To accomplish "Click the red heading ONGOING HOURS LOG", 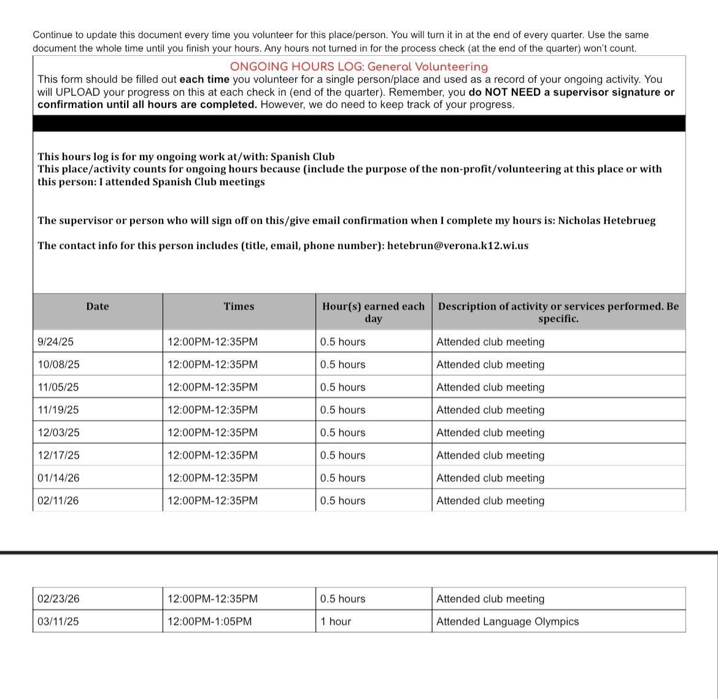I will point(359,67).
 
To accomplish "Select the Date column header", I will point(97,307).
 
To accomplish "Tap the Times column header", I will point(239,307).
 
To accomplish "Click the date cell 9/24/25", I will point(55,342).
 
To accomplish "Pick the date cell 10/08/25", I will point(58,364).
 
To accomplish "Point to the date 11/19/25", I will point(58,410).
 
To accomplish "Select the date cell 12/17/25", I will point(58,455).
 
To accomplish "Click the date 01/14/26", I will point(58,478).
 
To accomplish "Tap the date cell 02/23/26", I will point(58,598).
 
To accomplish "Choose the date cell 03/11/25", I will point(58,621).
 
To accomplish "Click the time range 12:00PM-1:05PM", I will point(209,621).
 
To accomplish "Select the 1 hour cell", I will point(336,621).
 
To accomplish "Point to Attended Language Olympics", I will point(508,621).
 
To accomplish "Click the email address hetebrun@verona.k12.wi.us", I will point(457,246).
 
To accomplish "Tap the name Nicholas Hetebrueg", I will point(606,221).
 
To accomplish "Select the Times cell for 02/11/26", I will point(212,500).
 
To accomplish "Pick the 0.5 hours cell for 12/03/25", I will point(342,432).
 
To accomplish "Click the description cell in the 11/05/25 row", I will point(490,387).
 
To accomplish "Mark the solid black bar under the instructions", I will point(359,123).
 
